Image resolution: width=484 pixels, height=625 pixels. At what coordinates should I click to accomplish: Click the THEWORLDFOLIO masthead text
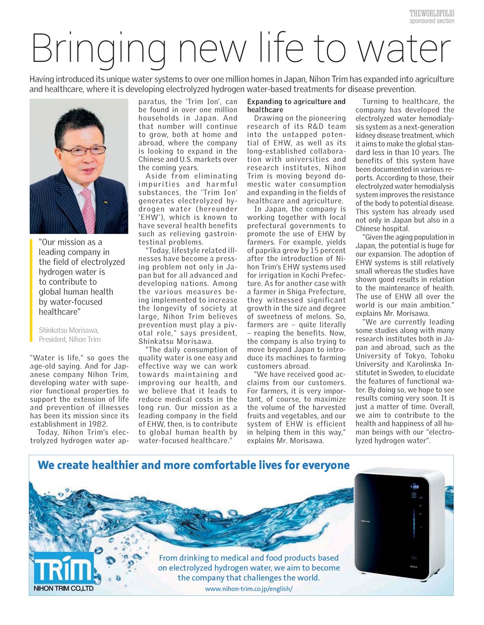pos(432,14)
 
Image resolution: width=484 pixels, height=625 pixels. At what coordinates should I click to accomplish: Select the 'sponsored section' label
pos(432,21)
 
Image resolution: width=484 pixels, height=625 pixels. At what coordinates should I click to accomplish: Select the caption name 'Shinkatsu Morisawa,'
pos(68,330)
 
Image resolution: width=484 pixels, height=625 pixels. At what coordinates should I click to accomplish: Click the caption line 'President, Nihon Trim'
pos(70,339)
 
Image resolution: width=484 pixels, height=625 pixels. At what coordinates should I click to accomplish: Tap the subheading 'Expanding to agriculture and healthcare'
pos(296,106)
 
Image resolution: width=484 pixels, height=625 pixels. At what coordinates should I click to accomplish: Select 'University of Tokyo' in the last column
pos(386,355)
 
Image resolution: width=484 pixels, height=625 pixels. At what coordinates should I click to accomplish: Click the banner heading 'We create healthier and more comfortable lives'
pos(193,464)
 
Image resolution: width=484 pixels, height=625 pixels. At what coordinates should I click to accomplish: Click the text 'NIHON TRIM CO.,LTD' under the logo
pos(63,589)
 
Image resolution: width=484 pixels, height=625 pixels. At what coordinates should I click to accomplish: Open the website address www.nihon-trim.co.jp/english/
pos(249,589)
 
